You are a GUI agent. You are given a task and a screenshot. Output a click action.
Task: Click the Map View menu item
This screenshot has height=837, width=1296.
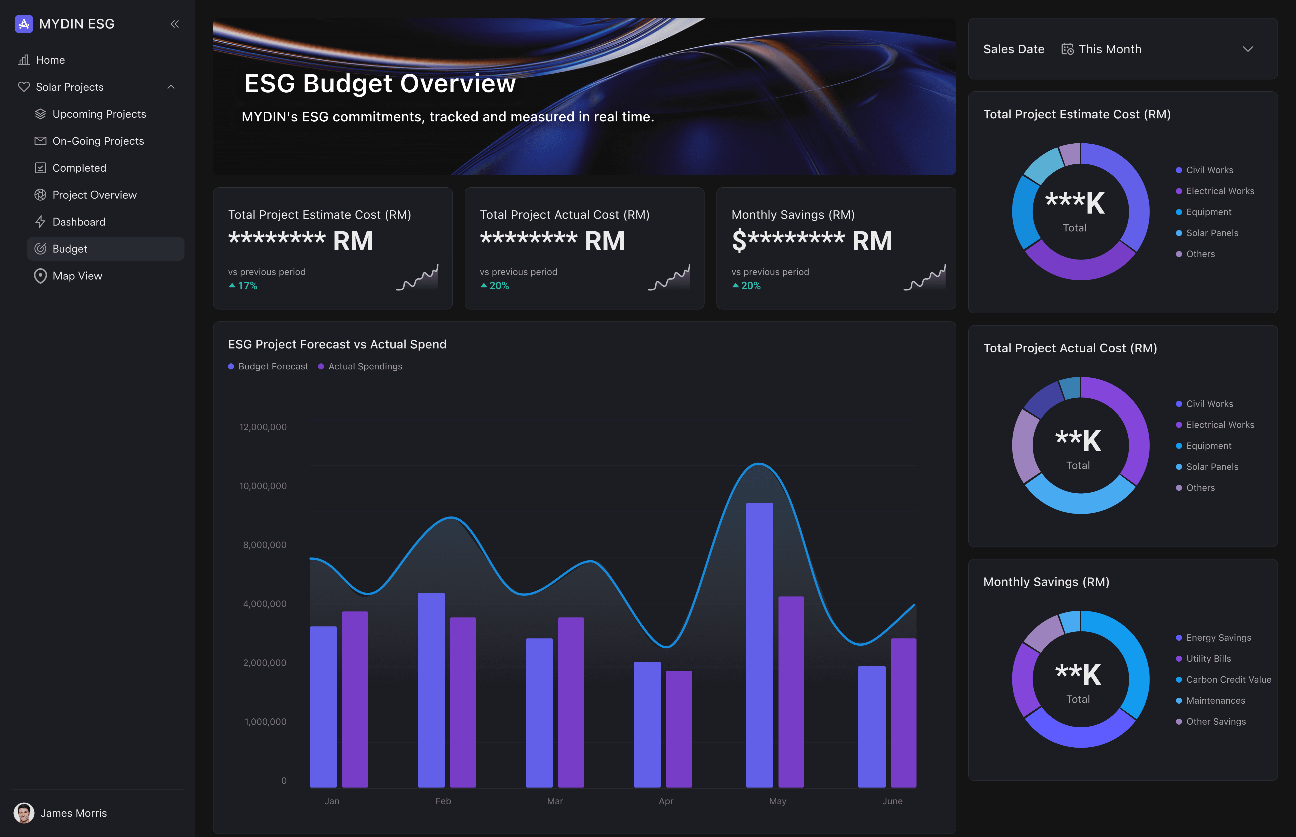click(x=77, y=276)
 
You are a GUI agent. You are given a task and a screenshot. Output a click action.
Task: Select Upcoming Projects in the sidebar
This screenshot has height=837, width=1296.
click(x=99, y=114)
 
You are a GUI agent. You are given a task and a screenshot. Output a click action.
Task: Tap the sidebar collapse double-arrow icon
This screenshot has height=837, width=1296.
click(x=174, y=24)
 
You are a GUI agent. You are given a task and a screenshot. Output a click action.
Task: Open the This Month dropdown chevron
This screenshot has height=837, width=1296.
click(x=1247, y=49)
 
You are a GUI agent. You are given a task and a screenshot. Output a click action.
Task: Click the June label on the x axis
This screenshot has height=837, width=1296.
click(x=892, y=801)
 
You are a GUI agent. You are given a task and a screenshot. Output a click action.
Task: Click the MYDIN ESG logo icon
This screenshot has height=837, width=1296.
click(x=24, y=24)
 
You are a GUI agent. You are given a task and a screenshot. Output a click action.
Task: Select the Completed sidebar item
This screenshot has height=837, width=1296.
click(x=79, y=168)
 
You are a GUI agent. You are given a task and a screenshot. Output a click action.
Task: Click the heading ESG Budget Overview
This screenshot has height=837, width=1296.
click(x=379, y=84)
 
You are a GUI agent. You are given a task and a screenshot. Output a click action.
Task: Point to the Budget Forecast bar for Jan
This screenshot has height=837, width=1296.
click(x=323, y=707)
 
